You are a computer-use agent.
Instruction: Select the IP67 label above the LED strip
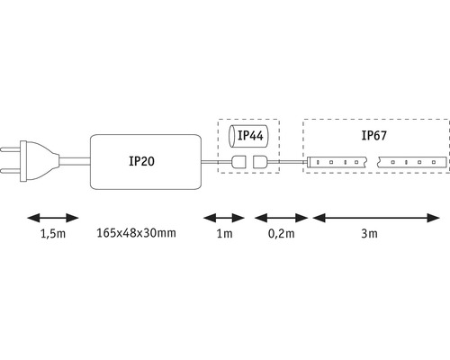tap(373, 137)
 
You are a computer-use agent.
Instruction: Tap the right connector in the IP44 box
tap(261, 163)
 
